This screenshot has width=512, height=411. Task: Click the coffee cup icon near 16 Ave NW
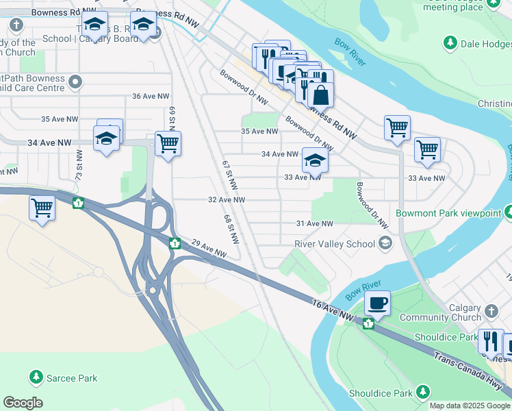click(x=376, y=302)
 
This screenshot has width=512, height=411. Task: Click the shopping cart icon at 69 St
click(x=168, y=144)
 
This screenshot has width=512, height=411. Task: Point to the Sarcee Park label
click(x=72, y=377)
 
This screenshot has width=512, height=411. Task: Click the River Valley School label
click(x=335, y=244)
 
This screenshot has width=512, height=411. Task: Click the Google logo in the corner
click(x=23, y=403)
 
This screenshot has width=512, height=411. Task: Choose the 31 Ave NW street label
click(x=314, y=224)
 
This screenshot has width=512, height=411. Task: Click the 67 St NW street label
click(x=229, y=175)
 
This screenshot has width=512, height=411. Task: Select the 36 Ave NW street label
click(x=150, y=96)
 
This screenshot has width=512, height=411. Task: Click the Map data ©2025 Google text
click(x=470, y=406)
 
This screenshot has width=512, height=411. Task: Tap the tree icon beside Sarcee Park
click(x=36, y=377)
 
